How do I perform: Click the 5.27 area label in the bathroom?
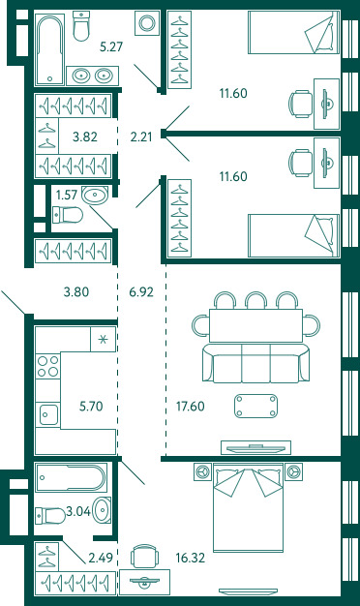coord(111,46)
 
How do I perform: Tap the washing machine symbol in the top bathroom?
coord(147,23)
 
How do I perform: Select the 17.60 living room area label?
coord(191,407)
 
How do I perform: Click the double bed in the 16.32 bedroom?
coord(248,507)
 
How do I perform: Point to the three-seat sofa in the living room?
coord(255,363)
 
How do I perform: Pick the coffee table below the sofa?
coord(255,406)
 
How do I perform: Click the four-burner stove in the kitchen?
coord(47,366)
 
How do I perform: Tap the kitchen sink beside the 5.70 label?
coord(47,414)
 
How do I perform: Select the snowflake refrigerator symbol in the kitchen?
coord(103,340)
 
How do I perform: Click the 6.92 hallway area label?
coord(141,291)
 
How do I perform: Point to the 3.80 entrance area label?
coord(76,291)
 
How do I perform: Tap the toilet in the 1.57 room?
coord(68,215)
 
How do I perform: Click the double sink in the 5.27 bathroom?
coord(92,76)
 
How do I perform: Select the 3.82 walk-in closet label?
coord(85,136)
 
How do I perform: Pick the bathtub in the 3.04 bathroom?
coord(71,477)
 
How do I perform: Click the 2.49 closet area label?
coord(101,558)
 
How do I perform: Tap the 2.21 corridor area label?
coord(141,136)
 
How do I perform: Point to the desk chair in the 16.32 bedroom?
coord(144,556)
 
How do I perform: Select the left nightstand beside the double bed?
coord(202,471)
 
